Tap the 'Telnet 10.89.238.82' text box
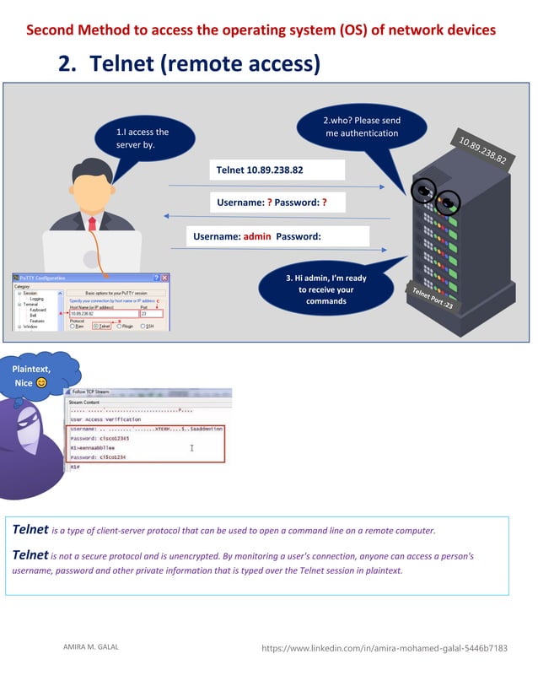coord(278,170)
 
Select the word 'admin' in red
coord(256,236)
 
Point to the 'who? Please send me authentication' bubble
coord(362,127)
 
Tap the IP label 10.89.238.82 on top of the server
coord(482,149)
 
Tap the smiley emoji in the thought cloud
coord(42,383)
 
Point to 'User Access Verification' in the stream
coord(105,419)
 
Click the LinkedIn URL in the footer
coord(385,648)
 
